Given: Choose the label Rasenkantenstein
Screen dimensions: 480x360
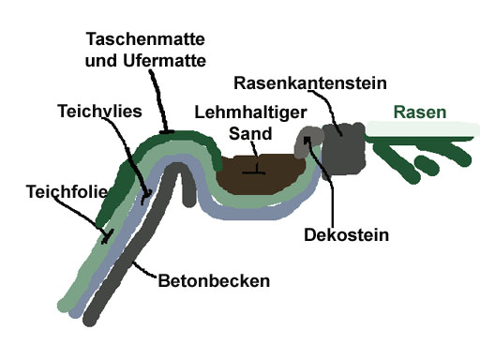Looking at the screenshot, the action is (x=309, y=82).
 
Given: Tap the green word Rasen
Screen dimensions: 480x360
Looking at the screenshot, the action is (x=419, y=113).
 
